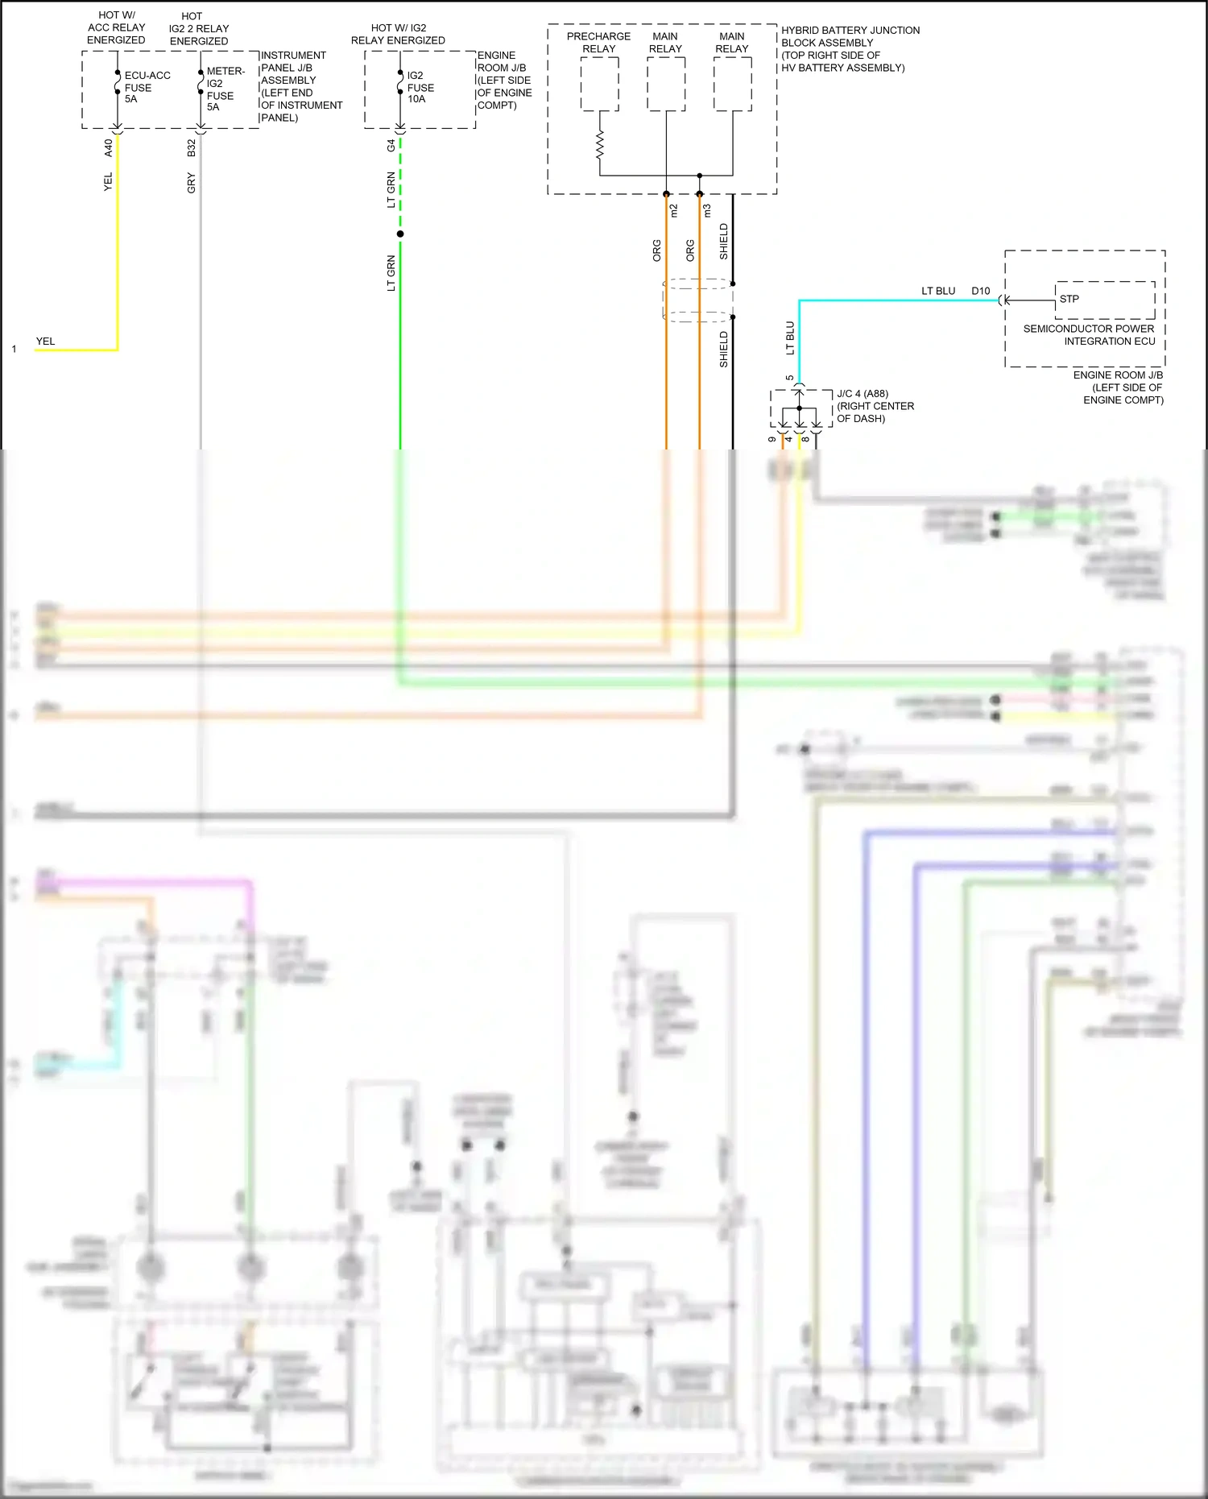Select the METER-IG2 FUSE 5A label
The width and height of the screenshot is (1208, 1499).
click(224, 89)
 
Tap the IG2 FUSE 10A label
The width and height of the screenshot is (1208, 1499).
click(420, 87)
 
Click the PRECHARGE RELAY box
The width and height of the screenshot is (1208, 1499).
click(599, 84)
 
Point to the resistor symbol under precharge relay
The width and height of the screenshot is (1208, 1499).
click(599, 147)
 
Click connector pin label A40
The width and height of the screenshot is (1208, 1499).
click(109, 147)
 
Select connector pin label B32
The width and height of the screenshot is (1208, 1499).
click(192, 147)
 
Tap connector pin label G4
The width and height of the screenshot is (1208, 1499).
click(391, 146)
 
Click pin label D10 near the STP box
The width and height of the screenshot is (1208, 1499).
click(980, 291)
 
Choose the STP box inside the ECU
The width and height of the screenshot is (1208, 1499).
click(1104, 300)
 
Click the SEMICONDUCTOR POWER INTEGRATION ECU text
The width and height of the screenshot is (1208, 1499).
click(1089, 335)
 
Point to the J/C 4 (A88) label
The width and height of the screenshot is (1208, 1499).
click(863, 394)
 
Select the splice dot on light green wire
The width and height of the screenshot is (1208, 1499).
click(400, 234)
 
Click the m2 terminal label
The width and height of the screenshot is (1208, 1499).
click(674, 210)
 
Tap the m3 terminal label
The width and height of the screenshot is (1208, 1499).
click(708, 210)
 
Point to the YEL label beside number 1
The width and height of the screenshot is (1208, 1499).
click(45, 342)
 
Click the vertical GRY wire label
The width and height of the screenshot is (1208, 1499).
click(192, 183)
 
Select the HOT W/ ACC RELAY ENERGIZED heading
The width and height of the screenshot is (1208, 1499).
click(116, 27)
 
